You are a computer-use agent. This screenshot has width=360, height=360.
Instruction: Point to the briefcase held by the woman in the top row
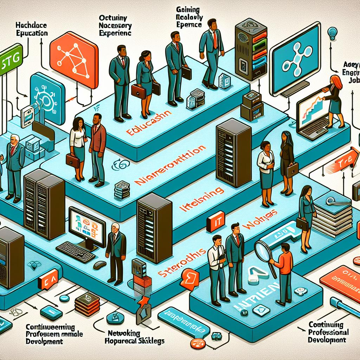[x=138, y=91]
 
